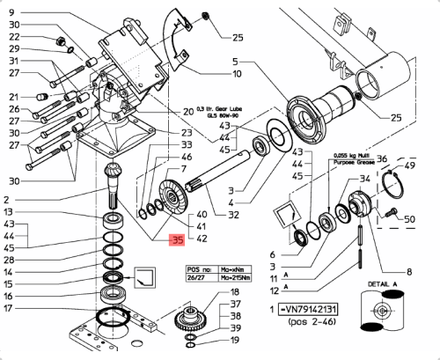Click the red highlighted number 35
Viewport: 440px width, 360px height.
pyautogui.click(x=177, y=239)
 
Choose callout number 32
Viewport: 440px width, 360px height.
pyautogui.click(x=232, y=215)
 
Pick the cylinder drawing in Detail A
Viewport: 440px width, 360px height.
pyautogui.click(x=385, y=315)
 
